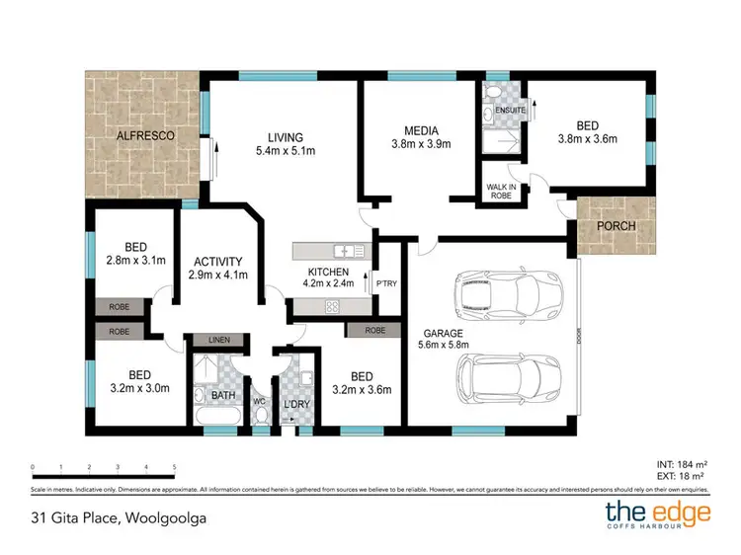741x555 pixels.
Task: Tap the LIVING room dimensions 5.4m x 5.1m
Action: coord(284,152)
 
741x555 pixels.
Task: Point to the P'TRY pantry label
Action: coord(386,284)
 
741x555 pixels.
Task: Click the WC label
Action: coord(261,402)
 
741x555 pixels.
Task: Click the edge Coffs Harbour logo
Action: coord(658,515)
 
